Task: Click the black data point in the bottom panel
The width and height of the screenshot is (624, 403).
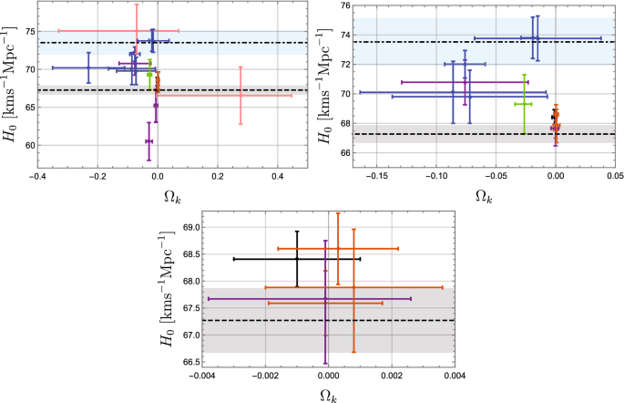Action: tap(297, 259)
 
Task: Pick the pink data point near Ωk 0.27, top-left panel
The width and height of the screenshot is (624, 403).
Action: tap(240, 95)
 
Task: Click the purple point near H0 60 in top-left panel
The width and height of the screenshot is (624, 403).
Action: tap(148, 141)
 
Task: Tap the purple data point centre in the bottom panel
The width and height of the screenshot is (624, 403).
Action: tap(325, 298)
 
